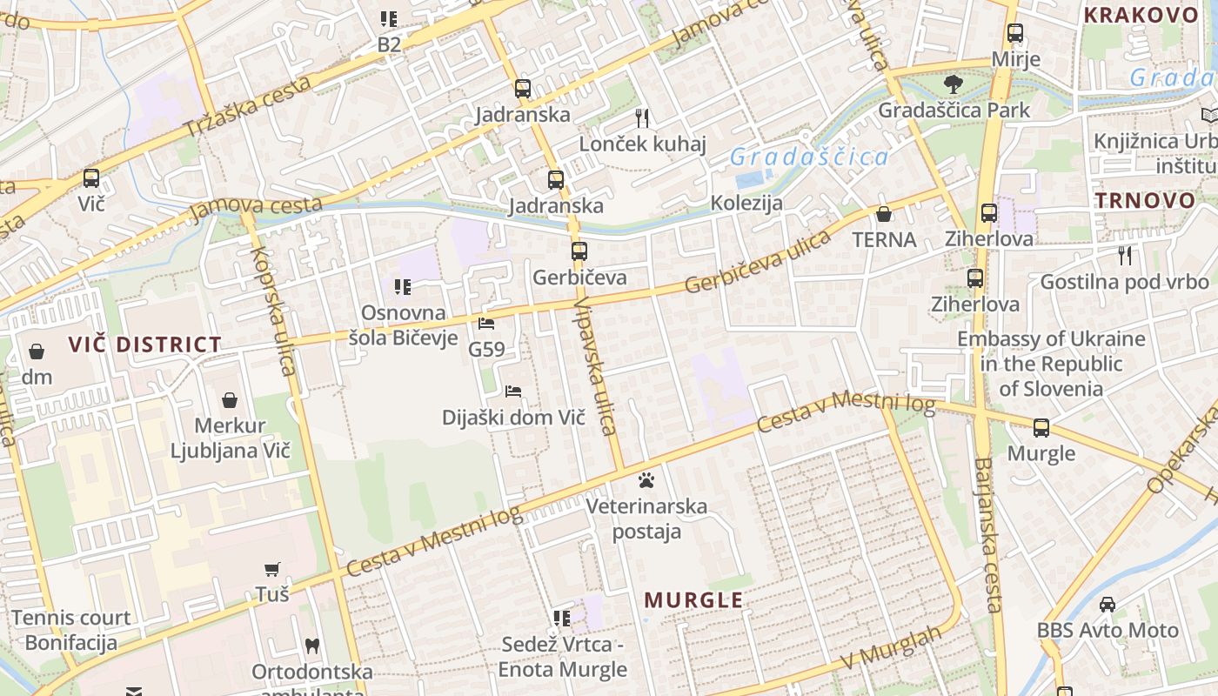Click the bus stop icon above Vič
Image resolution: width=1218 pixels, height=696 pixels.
click(91, 178)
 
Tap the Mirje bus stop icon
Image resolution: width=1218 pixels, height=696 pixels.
click(1014, 34)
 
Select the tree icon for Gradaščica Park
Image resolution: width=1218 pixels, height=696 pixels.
click(954, 84)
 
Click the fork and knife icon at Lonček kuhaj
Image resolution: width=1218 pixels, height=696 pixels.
click(642, 117)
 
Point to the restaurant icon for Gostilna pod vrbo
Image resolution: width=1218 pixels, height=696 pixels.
click(1125, 255)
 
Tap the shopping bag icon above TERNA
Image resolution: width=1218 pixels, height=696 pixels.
click(884, 214)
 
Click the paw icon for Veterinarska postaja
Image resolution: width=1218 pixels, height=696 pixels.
click(646, 479)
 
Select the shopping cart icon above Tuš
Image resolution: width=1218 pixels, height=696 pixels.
click(272, 569)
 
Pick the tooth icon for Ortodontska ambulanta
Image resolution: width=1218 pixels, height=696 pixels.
click(311, 646)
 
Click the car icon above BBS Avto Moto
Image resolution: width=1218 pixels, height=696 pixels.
click(1107, 604)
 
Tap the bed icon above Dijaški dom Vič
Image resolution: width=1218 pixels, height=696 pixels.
click(513, 391)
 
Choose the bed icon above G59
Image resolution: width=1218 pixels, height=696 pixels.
click(486, 324)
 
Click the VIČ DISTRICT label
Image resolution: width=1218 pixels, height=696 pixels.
click(145, 345)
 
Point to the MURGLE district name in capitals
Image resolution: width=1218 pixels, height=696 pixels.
click(693, 600)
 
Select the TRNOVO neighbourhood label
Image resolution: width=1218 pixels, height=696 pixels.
click(1145, 200)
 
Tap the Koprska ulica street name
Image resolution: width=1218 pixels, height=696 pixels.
click(273, 310)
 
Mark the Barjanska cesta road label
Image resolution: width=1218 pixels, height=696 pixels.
click(989, 535)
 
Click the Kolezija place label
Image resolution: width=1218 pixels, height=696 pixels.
click(746, 204)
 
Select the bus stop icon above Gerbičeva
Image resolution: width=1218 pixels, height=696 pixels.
click(579, 251)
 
